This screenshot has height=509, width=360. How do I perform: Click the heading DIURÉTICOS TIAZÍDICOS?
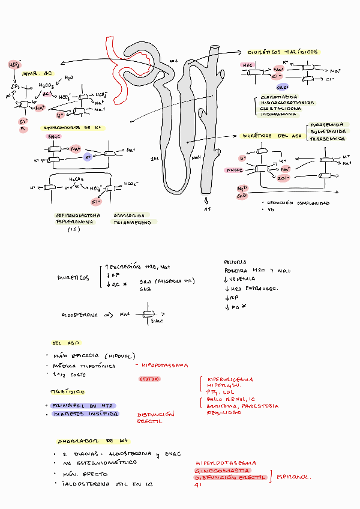pyautogui.click(x=283, y=53)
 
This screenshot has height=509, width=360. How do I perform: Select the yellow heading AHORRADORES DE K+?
pyautogui.click(x=67, y=128)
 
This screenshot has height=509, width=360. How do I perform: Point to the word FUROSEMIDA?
pyautogui.click(x=328, y=126)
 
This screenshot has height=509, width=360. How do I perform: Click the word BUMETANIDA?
pyautogui.click(x=328, y=132)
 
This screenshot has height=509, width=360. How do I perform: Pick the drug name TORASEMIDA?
pyautogui.click(x=328, y=139)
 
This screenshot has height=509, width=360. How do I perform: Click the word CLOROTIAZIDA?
pyautogui.click(x=278, y=96)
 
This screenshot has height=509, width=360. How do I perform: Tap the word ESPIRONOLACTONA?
pyautogui.click(x=77, y=215)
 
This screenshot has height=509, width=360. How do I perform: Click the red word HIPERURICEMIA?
pyautogui.click(x=230, y=379)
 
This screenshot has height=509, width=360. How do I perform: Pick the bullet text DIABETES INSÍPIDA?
pyautogui.click(x=86, y=414)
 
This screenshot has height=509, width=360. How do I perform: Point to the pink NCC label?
pyautogui.click(x=247, y=64)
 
